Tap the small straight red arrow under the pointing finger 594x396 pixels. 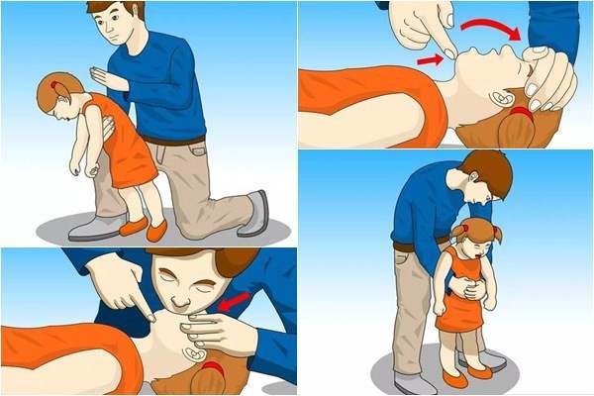[429, 59]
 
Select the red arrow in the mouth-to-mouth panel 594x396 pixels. [234, 300]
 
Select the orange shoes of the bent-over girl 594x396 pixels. [144, 230]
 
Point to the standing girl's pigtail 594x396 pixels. [494, 238]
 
